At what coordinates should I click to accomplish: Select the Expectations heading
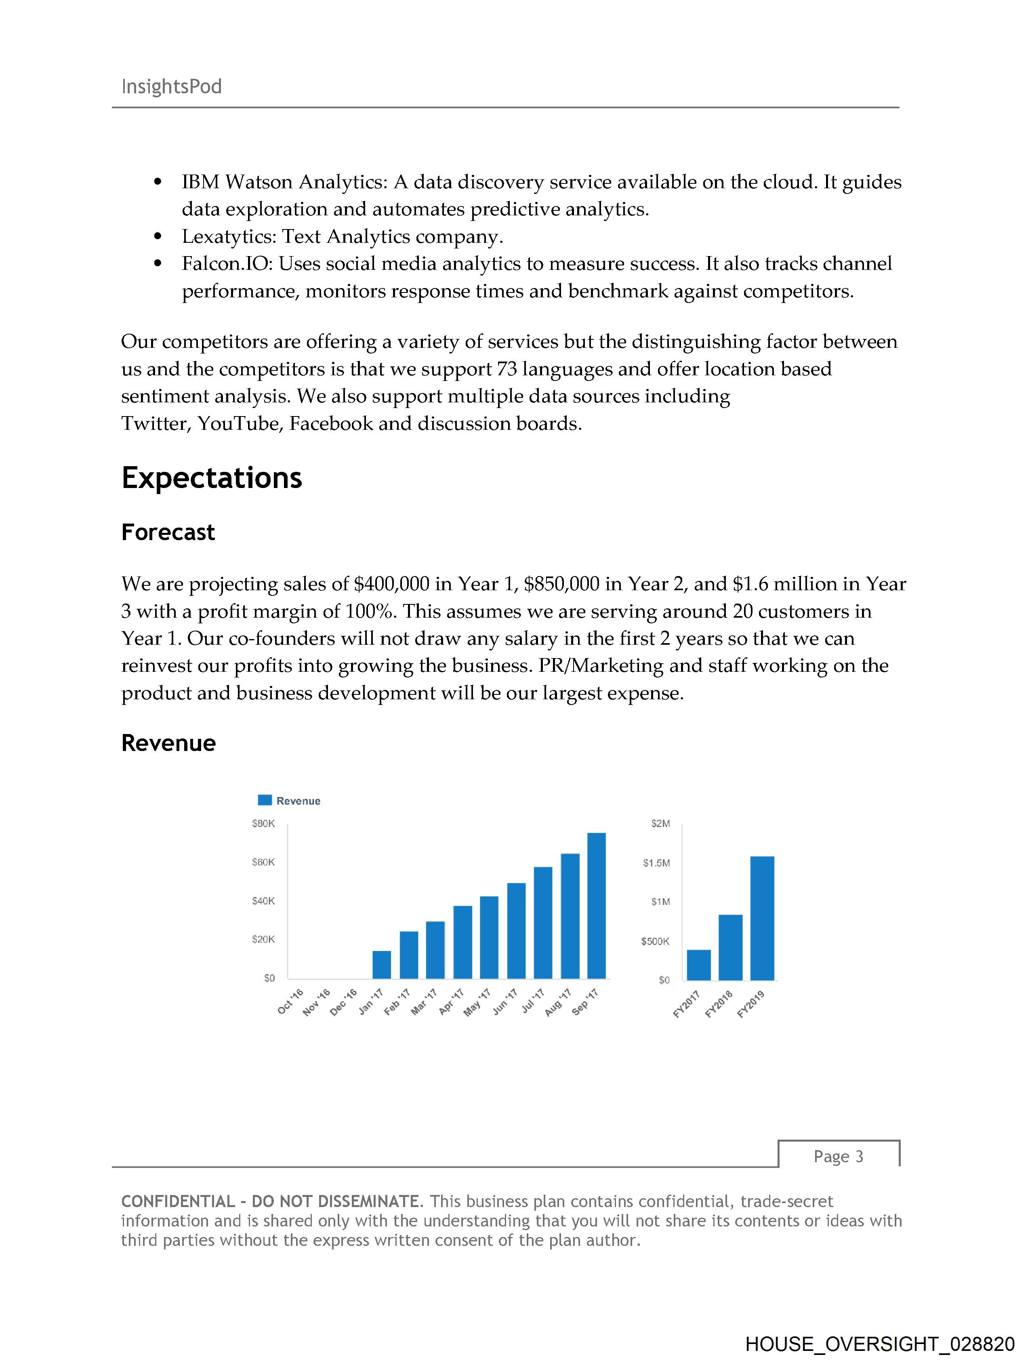pos(212,478)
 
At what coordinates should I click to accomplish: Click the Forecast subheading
pos(168,532)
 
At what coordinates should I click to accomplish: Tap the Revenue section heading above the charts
pos(168,743)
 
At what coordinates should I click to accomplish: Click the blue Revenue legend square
pos(265,800)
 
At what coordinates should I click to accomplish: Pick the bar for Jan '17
pos(381,964)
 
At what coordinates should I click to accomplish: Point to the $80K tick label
pos(263,823)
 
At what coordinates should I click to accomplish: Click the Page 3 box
pos(838,1157)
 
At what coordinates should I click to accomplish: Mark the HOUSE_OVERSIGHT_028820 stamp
pos(879,1344)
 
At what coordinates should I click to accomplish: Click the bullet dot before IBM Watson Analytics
pos(158,182)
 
